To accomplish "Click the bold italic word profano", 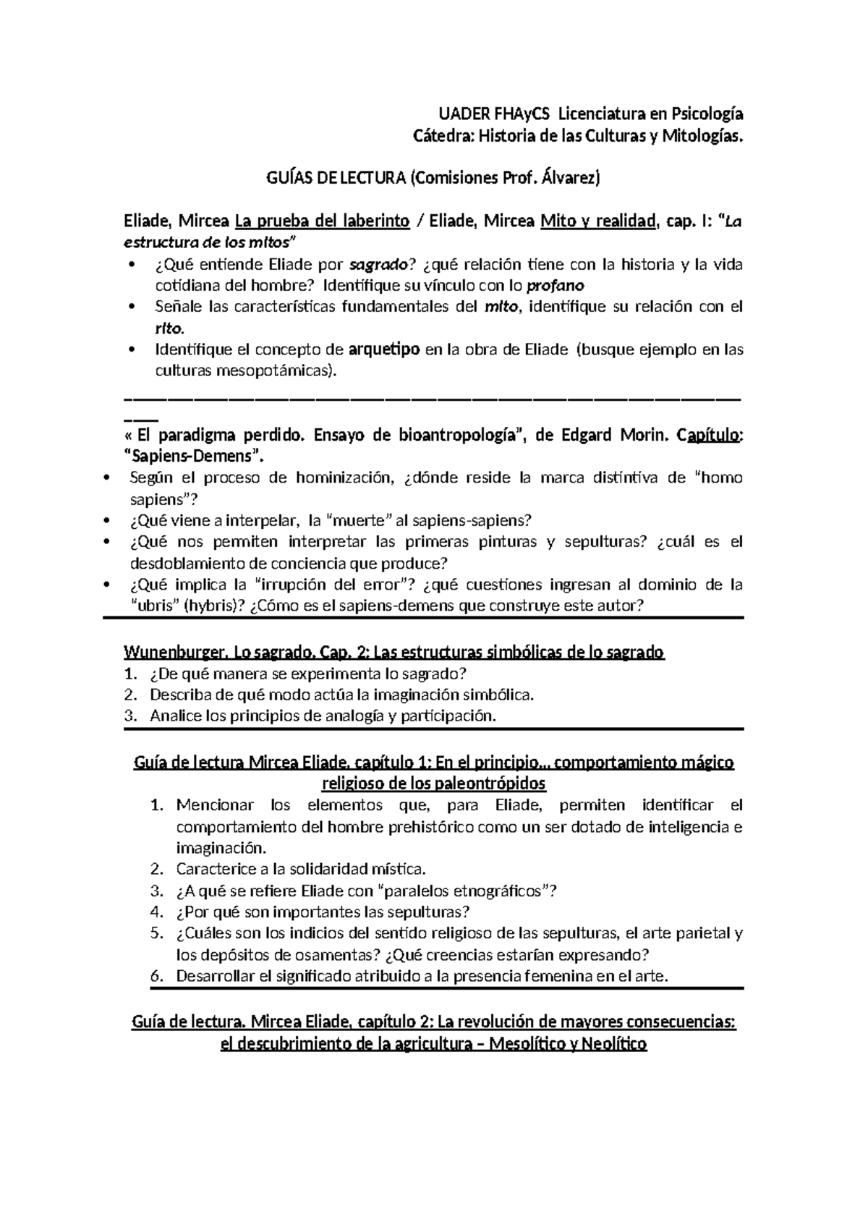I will pyautogui.click(x=555, y=285).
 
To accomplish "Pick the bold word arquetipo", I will pyautogui.click(x=384, y=350).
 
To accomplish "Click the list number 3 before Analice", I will pyautogui.click(x=130, y=716).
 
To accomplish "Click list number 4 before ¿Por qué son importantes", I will pyautogui.click(x=156, y=912).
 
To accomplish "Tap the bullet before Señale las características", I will pyautogui.click(x=130, y=307).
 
